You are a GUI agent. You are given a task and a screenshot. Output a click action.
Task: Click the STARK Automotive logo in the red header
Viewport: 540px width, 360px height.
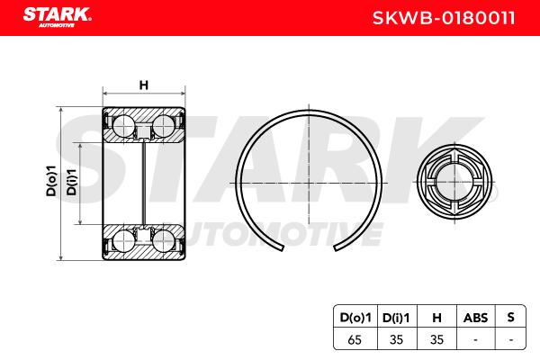[57, 17]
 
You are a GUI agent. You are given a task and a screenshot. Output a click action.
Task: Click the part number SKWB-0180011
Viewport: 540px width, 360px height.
[444, 18]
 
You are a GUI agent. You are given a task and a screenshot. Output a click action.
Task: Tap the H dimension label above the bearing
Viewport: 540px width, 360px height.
[144, 85]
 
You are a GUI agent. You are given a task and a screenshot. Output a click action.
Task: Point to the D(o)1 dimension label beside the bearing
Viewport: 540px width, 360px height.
[51, 181]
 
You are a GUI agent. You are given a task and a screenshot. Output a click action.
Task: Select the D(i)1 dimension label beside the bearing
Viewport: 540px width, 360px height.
[72, 182]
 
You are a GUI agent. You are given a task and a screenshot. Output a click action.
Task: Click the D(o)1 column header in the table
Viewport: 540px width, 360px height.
[355, 318]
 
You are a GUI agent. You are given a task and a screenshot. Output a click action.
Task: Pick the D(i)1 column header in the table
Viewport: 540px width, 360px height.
[396, 318]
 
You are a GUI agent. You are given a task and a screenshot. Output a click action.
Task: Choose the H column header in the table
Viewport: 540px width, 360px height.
[436, 318]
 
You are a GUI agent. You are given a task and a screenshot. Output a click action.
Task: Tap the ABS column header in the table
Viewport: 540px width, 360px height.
[475, 318]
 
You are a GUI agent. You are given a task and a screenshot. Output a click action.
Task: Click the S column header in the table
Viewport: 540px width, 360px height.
[510, 317]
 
